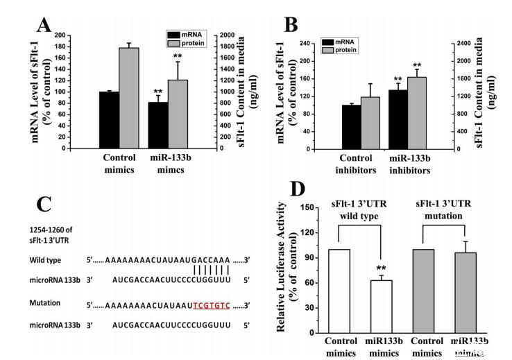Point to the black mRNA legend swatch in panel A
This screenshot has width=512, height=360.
173,33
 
